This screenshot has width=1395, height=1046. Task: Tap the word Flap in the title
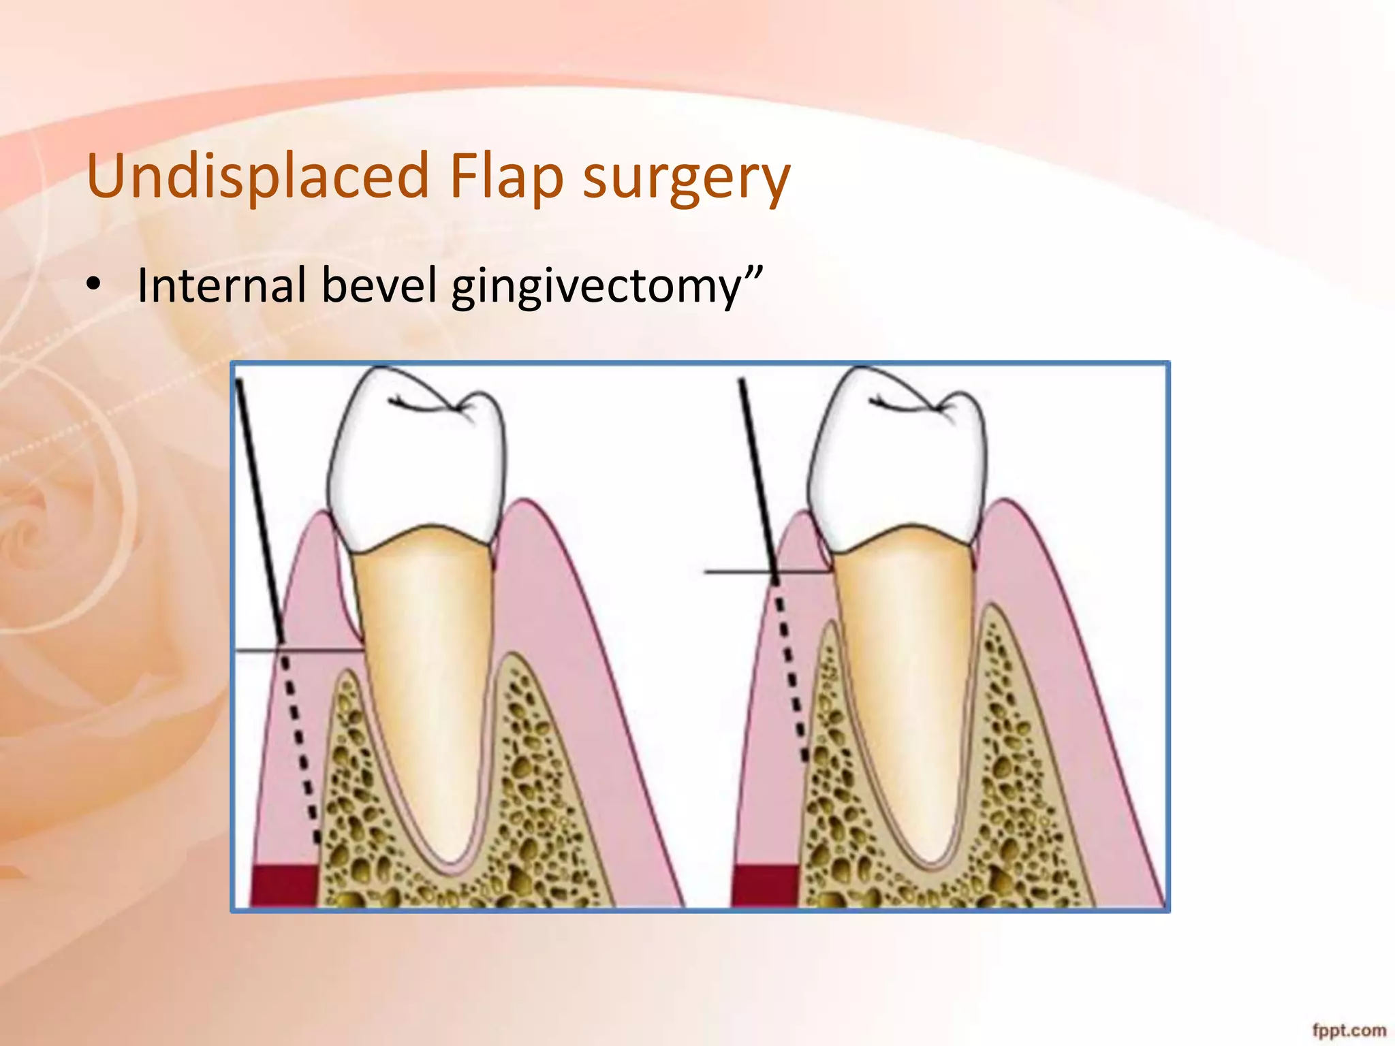point(506,176)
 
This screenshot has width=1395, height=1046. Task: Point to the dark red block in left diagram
point(285,885)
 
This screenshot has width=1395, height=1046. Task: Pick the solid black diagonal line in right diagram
point(758,477)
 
